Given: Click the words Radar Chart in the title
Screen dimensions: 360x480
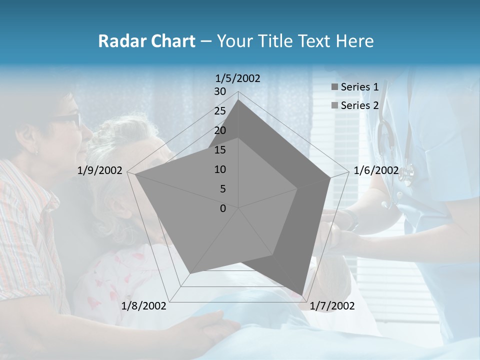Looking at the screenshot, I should click(x=146, y=41).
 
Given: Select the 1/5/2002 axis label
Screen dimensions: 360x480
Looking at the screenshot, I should click(x=237, y=78).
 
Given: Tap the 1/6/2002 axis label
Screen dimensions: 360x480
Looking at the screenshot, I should click(x=376, y=170).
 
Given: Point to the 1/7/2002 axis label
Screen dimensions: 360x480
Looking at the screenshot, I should click(x=332, y=306).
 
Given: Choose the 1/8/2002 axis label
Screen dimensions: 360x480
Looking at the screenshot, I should click(x=144, y=306).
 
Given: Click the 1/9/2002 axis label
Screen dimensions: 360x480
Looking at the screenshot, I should click(x=100, y=170).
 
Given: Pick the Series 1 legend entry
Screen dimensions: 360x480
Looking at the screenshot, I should click(x=359, y=87).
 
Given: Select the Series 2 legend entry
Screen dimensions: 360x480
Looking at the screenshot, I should click(x=359, y=105).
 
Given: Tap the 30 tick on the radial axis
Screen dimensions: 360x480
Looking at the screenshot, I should click(x=219, y=91).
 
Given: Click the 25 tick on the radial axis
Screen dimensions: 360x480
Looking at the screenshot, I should click(x=219, y=111).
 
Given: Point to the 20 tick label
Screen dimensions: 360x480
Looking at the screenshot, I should click(x=219, y=130).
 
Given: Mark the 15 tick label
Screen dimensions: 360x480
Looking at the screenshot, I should click(x=219, y=150).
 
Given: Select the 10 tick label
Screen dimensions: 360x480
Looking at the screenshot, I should click(x=219, y=169).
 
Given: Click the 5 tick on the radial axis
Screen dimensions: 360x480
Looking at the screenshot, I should click(x=222, y=189).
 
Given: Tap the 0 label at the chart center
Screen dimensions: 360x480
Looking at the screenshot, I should click(x=223, y=208).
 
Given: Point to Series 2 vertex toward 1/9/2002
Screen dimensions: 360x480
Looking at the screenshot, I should click(x=135, y=174).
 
